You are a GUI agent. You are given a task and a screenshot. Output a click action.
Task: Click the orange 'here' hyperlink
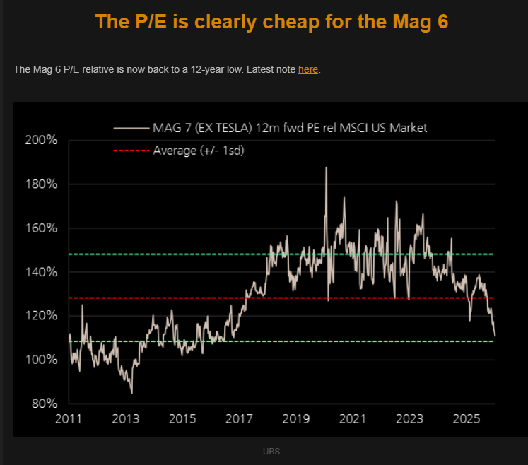pos(308,69)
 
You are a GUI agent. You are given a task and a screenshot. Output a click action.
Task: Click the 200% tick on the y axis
pos(41,140)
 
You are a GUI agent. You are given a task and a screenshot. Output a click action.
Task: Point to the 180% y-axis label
pos(41,184)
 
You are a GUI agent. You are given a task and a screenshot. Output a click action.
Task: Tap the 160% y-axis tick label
pos(41,228)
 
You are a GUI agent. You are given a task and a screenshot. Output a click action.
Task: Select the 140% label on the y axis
pos(41,272)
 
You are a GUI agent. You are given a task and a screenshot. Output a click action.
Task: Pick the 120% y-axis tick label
pos(41,316)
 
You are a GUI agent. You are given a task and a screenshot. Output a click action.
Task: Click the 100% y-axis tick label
pos(41,360)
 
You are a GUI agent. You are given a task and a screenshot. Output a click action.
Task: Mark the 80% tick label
pos(44,404)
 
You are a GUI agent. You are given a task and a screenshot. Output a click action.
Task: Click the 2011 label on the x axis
pos(69,418)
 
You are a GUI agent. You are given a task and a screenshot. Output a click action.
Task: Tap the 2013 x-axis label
pos(125,418)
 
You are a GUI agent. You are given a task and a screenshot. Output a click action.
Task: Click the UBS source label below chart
pos(271,450)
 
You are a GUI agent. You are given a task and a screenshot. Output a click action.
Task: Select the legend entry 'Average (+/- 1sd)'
pos(199,150)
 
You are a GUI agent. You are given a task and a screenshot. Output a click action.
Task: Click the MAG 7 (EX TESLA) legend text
pos(290,128)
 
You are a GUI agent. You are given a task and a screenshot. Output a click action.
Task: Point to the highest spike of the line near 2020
pos(326,167)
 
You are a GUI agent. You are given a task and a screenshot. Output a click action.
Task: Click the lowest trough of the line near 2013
pos(131,393)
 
